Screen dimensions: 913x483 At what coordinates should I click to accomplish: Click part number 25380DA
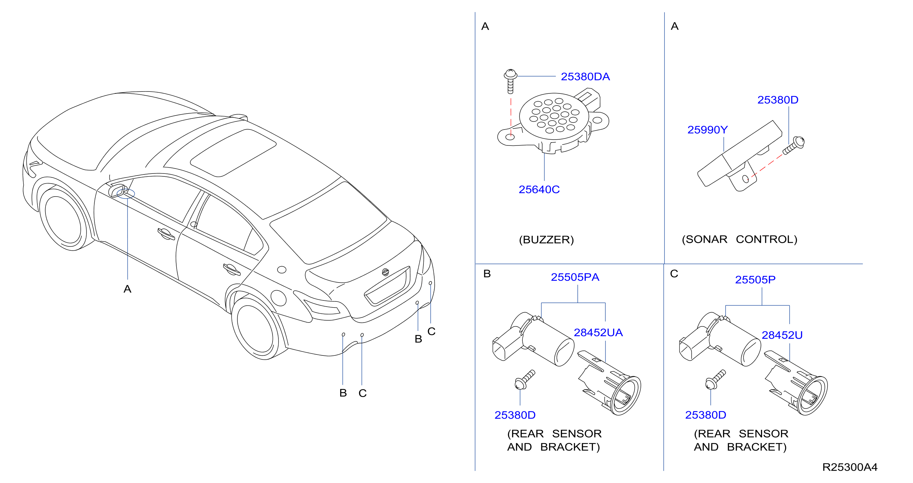pos(585,76)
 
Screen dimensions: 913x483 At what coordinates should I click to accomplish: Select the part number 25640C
pos(539,189)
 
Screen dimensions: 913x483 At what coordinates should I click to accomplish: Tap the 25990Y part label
pos(707,130)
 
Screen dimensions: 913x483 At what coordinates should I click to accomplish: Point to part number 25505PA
pos(575,277)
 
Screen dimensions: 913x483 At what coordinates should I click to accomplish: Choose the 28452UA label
pos(598,332)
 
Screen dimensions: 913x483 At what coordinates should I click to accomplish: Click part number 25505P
pos(755,280)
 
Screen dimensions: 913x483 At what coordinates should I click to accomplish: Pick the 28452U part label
pos(782,335)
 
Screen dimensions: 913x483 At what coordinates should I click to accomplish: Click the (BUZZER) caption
pos(546,240)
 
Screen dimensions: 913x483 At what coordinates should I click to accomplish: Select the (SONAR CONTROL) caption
pos(740,239)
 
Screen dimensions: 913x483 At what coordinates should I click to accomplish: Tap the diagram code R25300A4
pos(850,467)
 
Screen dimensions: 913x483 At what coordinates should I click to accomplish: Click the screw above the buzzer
pos(510,81)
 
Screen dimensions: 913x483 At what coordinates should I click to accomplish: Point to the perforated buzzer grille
pos(554,116)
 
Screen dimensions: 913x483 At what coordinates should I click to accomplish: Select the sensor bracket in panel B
pos(609,383)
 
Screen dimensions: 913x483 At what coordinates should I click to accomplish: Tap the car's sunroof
pos(233,153)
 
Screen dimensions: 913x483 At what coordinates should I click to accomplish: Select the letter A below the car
pos(127,289)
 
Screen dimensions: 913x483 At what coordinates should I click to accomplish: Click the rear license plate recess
pos(387,286)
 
